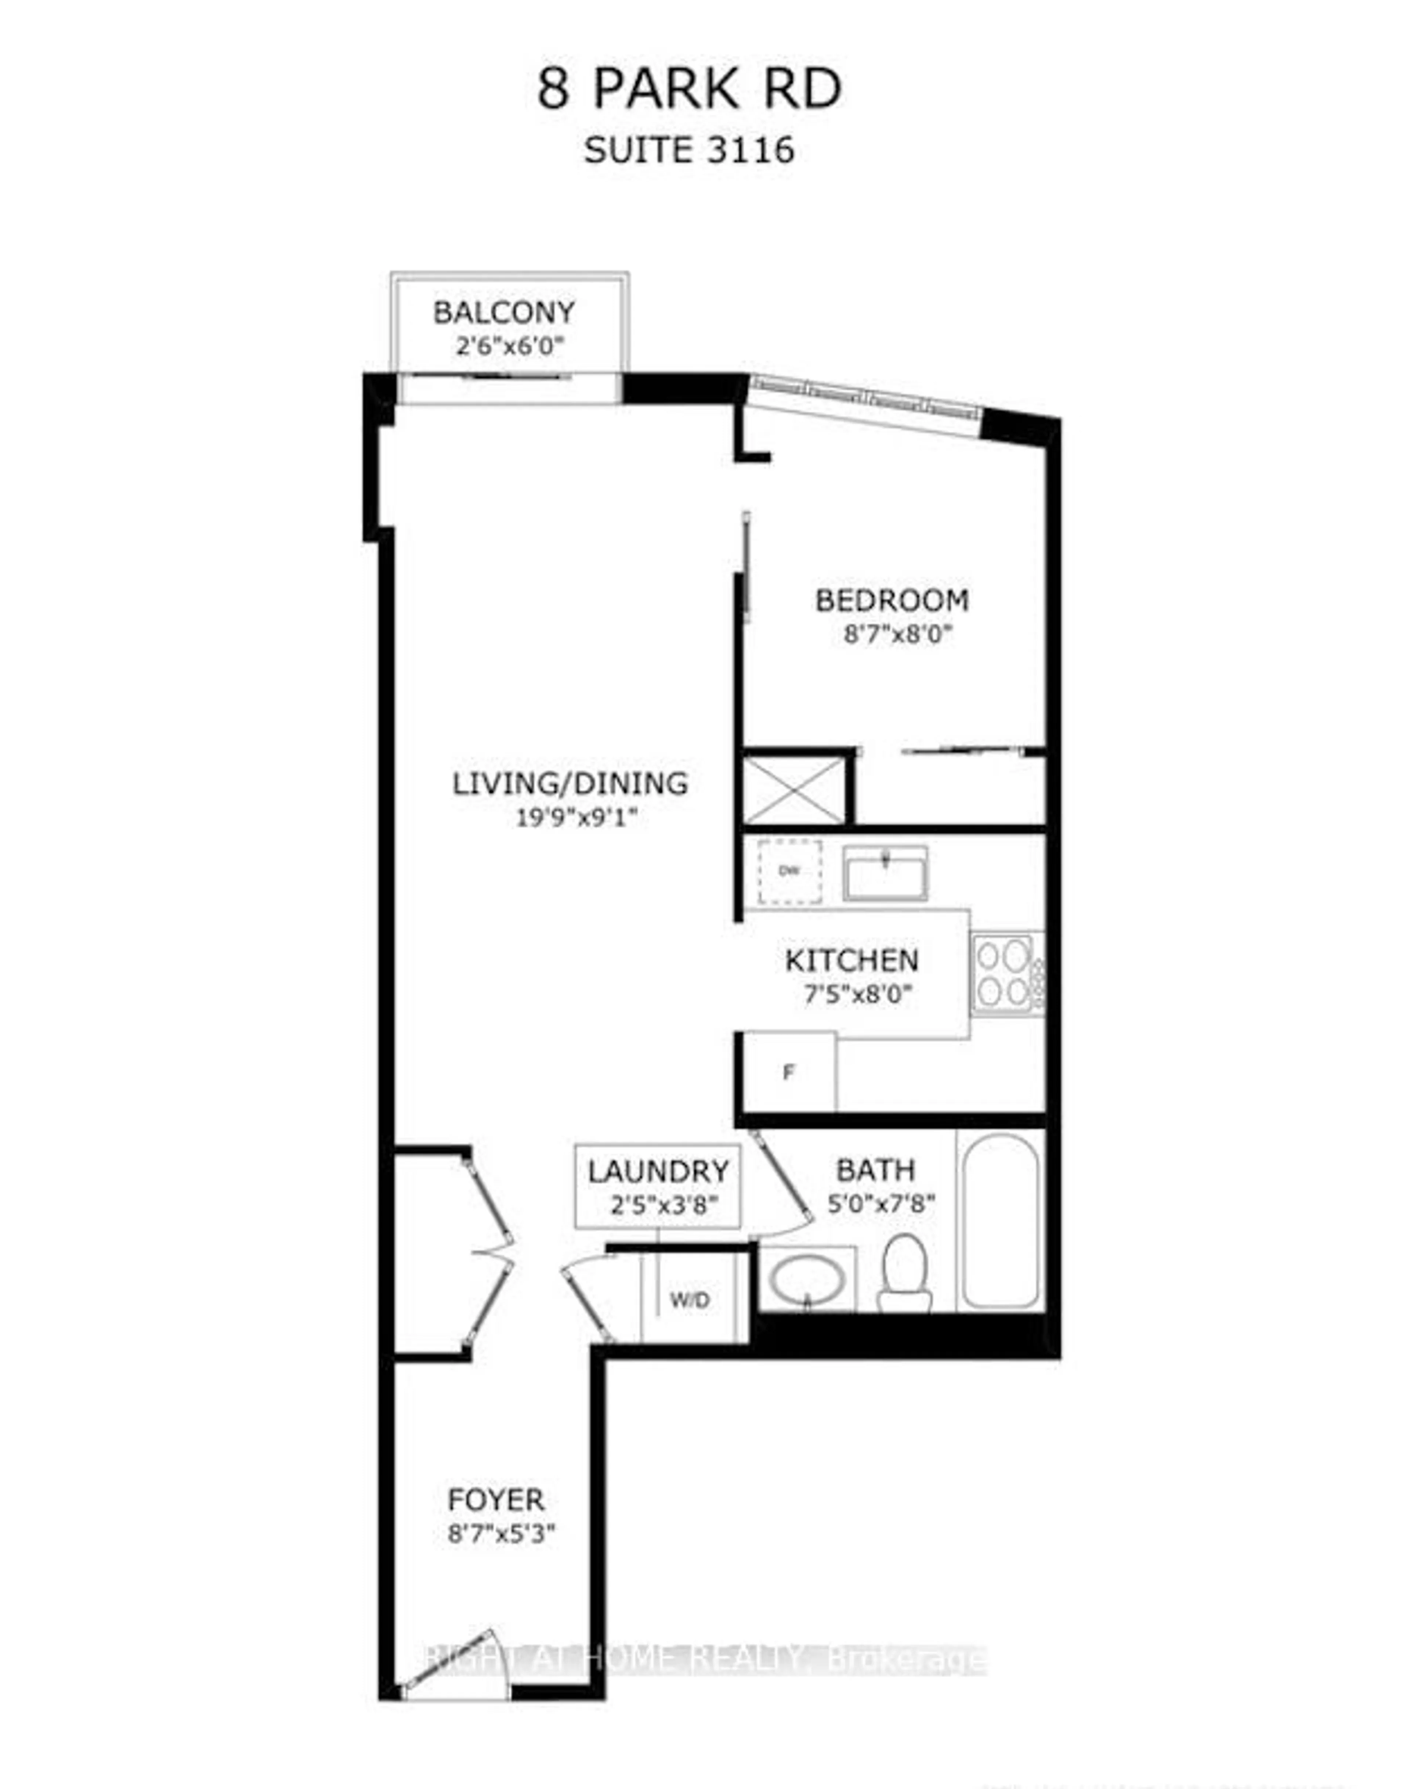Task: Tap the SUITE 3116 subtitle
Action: tap(689, 150)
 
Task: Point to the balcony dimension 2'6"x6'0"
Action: tap(509, 345)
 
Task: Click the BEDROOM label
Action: tap(892, 600)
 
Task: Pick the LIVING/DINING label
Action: tap(570, 783)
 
